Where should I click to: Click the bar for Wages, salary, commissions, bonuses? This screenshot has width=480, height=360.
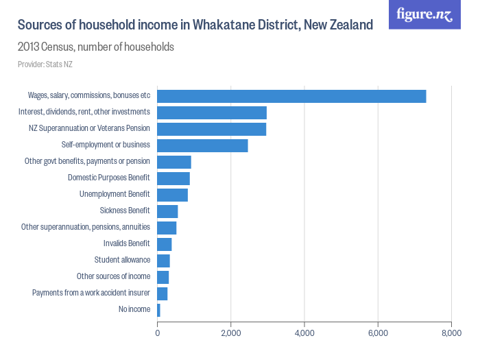pyautogui.click(x=291, y=96)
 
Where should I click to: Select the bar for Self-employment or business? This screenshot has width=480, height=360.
pyautogui.click(x=202, y=145)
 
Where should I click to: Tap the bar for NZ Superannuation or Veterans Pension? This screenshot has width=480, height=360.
pyautogui.click(x=211, y=129)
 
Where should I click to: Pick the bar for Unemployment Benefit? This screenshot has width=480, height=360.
pyautogui.click(x=172, y=195)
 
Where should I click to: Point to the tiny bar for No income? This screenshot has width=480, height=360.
pyautogui.click(x=159, y=310)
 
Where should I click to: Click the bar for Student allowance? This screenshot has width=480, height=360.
pyautogui.click(x=163, y=261)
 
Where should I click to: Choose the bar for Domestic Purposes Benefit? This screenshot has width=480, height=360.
pyautogui.click(x=173, y=178)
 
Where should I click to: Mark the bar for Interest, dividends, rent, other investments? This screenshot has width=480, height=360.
pyautogui.click(x=212, y=112)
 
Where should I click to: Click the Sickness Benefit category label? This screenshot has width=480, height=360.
pyautogui.click(x=125, y=211)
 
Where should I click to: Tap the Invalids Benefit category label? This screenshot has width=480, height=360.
pyautogui.click(x=126, y=243)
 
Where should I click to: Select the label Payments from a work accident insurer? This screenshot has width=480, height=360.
pyautogui.click(x=91, y=293)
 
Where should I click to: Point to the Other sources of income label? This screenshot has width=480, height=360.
pyautogui.click(x=113, y=276)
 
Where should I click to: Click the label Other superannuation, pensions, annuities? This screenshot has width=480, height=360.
pyautogui.click(x=86, y=227)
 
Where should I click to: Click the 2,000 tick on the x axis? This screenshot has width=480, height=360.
pyautogui.click(x=231, y=333)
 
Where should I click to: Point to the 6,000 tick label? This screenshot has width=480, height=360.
pyautogui.click(x=378, y=333)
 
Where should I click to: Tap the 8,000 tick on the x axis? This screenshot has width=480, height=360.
pyautogui.click(x=451, y=333)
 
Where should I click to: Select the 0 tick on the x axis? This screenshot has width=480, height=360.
pyautogui.click(x=158, y=333)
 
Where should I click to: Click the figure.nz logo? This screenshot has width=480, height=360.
pyautogui.click(x=424, y=14)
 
